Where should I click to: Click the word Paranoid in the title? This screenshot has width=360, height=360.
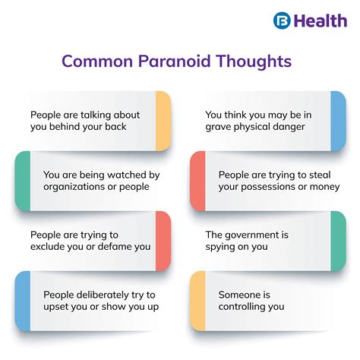(172, 61)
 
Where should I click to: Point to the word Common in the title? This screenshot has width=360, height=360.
(94, 61)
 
